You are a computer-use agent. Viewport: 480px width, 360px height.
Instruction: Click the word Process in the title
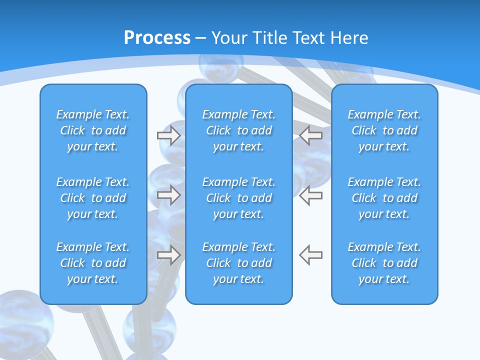coord(157,38)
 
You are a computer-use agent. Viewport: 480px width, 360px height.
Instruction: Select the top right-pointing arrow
coord(168,135)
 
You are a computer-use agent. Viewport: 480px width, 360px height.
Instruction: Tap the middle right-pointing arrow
coord(168,194)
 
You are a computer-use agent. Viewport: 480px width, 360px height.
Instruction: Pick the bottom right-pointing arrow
coord(168,254)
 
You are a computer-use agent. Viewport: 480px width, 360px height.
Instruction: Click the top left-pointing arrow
coord(310,135)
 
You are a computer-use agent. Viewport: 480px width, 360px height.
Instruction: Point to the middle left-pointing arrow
coord(310,194)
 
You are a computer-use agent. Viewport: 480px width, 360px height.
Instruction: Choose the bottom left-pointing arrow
coord(310,254)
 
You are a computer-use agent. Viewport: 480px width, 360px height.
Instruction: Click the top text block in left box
coord(93,130)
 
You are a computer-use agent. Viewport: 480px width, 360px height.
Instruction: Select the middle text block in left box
coord(93,198)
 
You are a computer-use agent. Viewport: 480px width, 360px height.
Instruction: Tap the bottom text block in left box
coord(93,263)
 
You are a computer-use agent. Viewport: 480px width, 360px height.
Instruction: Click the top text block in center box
coord(239,130)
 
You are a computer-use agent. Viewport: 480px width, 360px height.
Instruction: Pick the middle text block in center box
coord(239,198)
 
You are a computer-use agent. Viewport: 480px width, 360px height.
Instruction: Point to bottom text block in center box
coord(239,263)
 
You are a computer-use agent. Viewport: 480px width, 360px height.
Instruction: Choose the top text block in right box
coord(384,130)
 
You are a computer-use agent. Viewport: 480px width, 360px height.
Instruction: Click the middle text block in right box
coord(384,198)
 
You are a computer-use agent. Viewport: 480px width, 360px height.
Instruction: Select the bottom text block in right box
coord(384,263)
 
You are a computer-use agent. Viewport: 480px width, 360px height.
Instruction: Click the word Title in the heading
coord(270,38)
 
